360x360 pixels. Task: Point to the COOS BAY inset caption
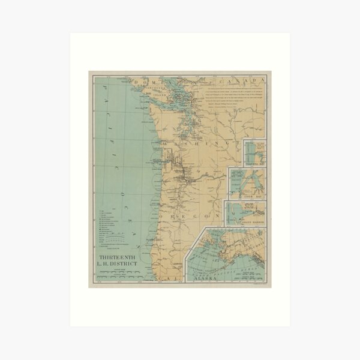pyautogui.click(x=246, y=196)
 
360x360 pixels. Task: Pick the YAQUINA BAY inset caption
pyautogui.click(x=254, y=163)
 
